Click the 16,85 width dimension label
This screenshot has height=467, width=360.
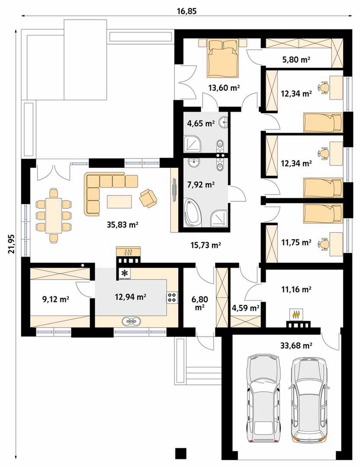click(187, 11)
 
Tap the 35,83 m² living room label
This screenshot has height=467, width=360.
click(122, 225)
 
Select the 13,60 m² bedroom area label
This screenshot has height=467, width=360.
click(225, 88)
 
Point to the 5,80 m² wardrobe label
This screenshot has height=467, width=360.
click(296, 60)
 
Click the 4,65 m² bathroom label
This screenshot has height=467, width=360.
click(201, 123)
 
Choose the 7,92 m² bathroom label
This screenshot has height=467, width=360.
click(201, 185)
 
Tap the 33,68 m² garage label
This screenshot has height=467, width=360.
click(296, 345)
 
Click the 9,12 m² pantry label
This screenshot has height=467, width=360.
click(56, 299)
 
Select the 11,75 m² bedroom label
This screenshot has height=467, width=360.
click(296, 243)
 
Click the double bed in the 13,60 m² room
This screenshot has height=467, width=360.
click(224, 58)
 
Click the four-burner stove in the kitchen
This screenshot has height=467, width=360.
click(172, 297)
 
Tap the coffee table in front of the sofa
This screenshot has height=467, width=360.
click(119, 201)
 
